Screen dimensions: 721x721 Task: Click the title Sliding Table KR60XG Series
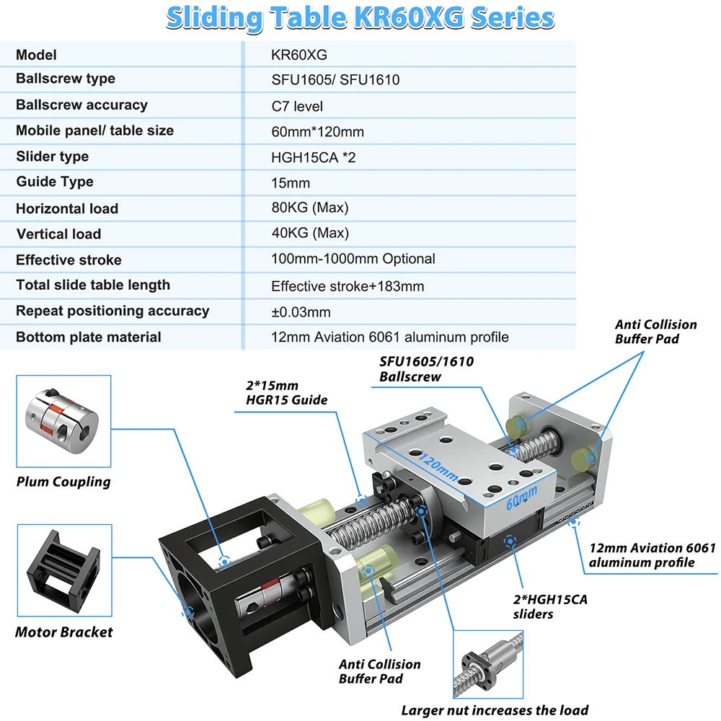[360, 19]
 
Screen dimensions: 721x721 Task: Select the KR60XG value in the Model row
[299, 55]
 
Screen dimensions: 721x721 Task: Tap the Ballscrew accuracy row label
[81, 105]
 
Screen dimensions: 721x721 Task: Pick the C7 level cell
[297, 106]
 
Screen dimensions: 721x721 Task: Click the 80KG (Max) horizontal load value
[310, 208]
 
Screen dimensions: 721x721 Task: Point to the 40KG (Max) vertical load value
[310, 233]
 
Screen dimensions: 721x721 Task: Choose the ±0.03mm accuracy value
[301, 311]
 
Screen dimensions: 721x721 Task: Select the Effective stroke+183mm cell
[348, 286]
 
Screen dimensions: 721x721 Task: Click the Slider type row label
[53, 156]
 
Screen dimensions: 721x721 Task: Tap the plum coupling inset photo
[63, 421]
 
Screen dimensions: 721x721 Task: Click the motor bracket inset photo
[64, 570]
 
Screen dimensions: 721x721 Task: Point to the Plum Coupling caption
[63, 482]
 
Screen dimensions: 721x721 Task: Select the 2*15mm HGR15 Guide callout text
[286, 393]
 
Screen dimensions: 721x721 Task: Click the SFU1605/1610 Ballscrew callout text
[426, 368]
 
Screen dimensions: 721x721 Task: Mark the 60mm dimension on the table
[521, 497]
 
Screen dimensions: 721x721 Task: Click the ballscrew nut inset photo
[488, 665]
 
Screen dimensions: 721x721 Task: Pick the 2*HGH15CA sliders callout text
[550, 606]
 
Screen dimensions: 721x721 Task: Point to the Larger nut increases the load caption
[495, 710]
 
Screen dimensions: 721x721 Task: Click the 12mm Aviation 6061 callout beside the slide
[653, 555]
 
